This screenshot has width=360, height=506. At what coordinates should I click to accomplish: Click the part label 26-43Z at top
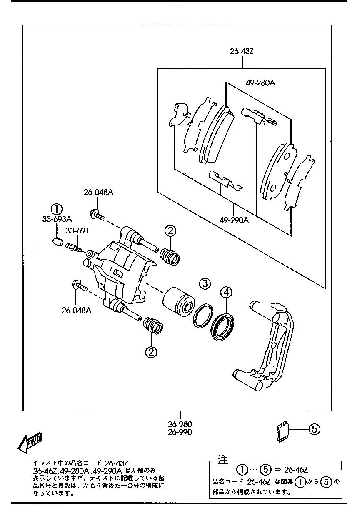(242, 52)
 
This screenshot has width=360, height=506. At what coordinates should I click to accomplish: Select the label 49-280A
(260, 83)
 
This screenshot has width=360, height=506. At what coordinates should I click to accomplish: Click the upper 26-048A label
(98, 193)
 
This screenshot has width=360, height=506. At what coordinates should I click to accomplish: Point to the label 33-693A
(57, 219)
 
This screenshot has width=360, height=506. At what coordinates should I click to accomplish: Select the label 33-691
(77, 230)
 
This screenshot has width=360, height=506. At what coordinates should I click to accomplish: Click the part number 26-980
(180, 424)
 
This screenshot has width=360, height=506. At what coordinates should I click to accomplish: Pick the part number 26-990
(180, 432)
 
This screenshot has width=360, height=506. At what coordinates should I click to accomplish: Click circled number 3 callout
(204, 284)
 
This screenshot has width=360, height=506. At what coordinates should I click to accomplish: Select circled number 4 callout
(225, 293)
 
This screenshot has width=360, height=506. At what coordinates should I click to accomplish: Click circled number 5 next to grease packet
(315, 428)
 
